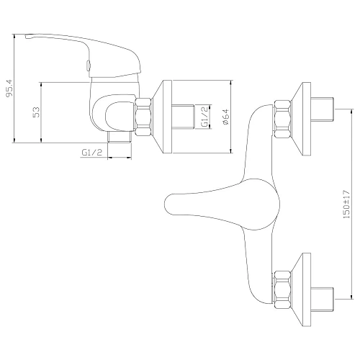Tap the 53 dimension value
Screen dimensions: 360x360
(37, 112)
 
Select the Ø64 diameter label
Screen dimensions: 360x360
(226, 117)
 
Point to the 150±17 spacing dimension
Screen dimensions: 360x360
(346, 204)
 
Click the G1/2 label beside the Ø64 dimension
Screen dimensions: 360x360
(204, 117)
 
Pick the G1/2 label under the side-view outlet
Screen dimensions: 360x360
(92, 152)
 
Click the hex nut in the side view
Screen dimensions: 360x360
(143, 117)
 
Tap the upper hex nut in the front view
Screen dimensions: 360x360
(283, 120)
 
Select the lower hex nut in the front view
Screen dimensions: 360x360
(283, 289)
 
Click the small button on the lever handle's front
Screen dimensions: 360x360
(89, 66)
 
